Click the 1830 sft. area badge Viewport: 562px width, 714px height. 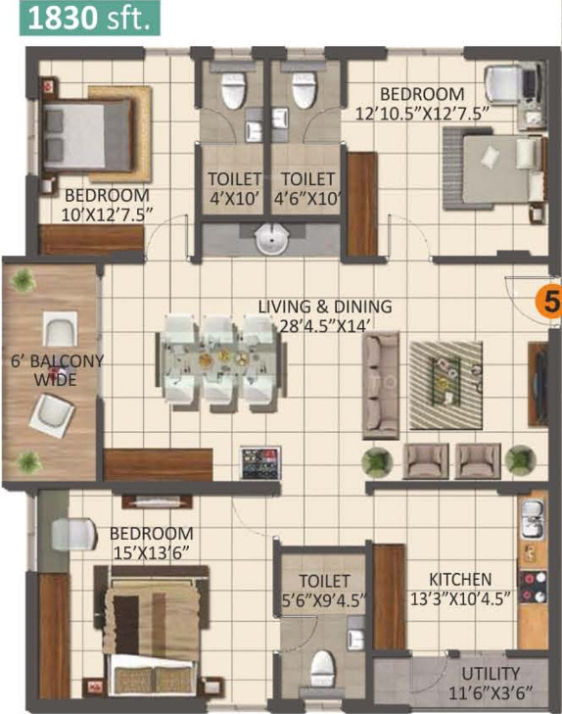pos(90,18)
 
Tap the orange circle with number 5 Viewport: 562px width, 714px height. pos(549,301)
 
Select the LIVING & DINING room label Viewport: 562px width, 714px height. pos(325,307)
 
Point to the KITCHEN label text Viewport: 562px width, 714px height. pos(460,579)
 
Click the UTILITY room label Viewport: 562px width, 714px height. pos(491,673)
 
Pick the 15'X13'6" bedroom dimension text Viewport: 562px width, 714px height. pos(151,553)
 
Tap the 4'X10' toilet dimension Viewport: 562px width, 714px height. pos(234,199)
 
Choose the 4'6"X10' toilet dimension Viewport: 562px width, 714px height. pos(307,199)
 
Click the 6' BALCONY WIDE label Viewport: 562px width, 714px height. pos(57,370)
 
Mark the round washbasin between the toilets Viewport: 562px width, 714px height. pos(272,240)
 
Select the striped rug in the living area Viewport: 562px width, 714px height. pos(445,385)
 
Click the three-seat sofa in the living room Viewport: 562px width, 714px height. pos(381,385)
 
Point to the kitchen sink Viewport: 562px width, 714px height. pos(532,518)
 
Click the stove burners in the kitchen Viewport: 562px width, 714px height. pos(533,587)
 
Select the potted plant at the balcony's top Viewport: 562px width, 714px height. pos(23,280)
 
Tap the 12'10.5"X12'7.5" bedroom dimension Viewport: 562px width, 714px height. pos(422,113)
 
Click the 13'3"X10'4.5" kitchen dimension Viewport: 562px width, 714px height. pos(460,598)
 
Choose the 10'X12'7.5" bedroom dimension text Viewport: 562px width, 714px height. pos(107,214)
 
